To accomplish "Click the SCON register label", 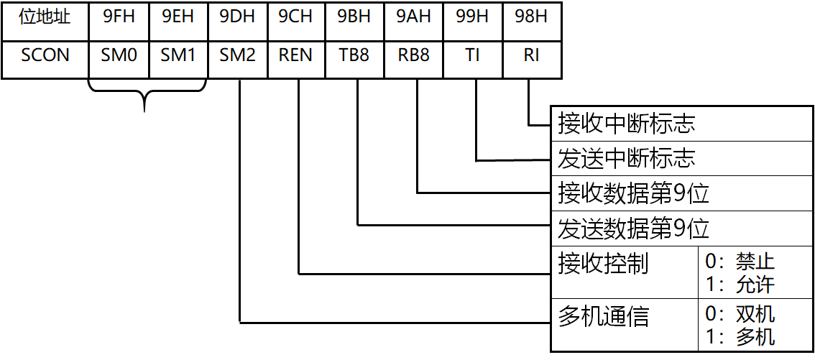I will (x=45, y=56).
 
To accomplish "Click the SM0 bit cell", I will (x=119, y=56).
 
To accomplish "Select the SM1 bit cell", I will (x=178, y=56).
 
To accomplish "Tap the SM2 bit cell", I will (x=237, y=56).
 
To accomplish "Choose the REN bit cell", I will (x=295, y=56).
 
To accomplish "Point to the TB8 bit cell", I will (x=354, y=56).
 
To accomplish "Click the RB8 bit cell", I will (x=413, y=56).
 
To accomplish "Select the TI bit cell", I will (x=472, y=56).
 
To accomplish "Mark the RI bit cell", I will (x=532, y=56).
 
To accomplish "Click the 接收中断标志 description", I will (x=627, y=124).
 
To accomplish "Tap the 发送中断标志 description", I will (x=627, y=158).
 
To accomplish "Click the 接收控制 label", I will (x=603, y=264).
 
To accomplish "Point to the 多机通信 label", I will (x=603, y=317).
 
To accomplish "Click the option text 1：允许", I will (x=740, y=285).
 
